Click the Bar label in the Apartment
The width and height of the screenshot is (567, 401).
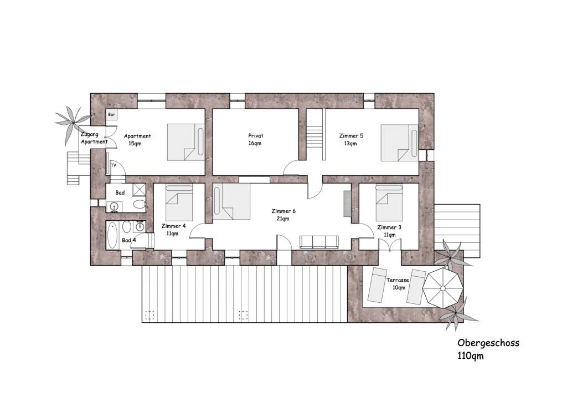point(111,114)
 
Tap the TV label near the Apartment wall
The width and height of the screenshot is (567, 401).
point(114,165)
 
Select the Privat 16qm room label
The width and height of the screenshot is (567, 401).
point(256,139)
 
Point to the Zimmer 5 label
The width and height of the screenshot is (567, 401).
point(351,136)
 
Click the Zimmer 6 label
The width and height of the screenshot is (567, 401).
point(283,211)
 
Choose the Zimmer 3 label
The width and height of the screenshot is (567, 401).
point(389,227)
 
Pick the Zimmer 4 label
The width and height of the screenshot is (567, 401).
point(173,226)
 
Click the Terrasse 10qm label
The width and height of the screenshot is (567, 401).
point(398,283)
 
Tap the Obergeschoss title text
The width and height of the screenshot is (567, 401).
point(488,343)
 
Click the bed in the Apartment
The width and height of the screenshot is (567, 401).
point(186,143)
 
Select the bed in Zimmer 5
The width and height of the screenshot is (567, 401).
point(400,143)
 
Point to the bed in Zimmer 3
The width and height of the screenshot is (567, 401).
point(389,203)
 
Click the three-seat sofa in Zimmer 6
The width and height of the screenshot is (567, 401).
point(319,242)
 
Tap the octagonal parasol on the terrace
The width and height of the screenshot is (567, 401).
point(443,288)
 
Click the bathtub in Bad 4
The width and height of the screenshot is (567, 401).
point(112,236)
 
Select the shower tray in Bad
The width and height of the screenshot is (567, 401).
point(139,190)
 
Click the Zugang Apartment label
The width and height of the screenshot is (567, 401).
point(94,138)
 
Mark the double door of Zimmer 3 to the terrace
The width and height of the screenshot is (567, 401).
point(389,246)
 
